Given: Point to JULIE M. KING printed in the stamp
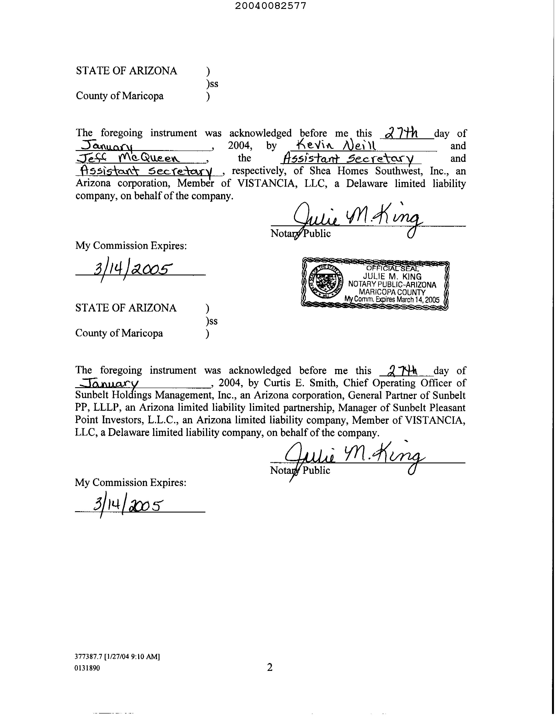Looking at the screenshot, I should click(x=392, y=276).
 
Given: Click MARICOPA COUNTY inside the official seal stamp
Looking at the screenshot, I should click(x=392, y=292).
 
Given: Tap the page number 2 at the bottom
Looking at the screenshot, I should click(x=270, y=667).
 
